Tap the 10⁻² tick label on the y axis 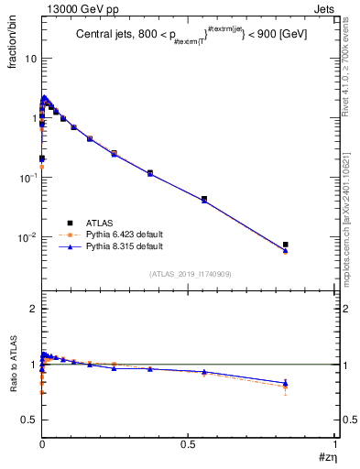coord(26,237)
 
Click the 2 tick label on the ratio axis coord(32,309)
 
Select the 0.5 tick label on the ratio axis coord(28,420)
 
